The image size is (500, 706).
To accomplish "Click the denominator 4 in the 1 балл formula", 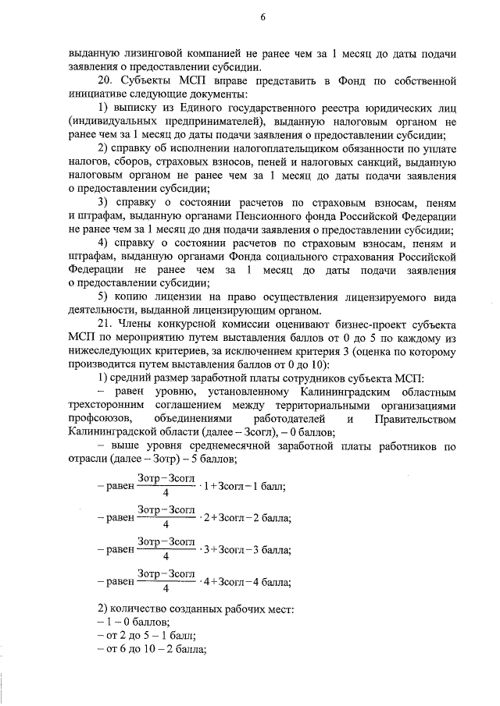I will click(x=166, y=492).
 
